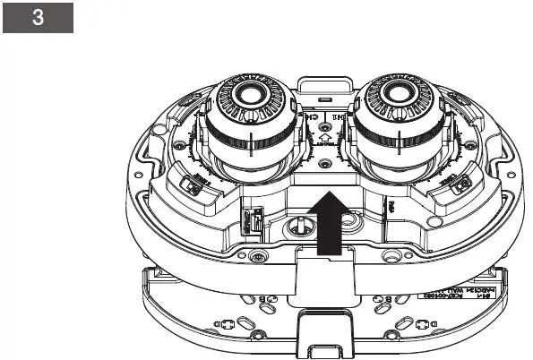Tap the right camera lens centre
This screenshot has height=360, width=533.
point(393,92)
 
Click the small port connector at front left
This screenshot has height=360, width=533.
point(254,219)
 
